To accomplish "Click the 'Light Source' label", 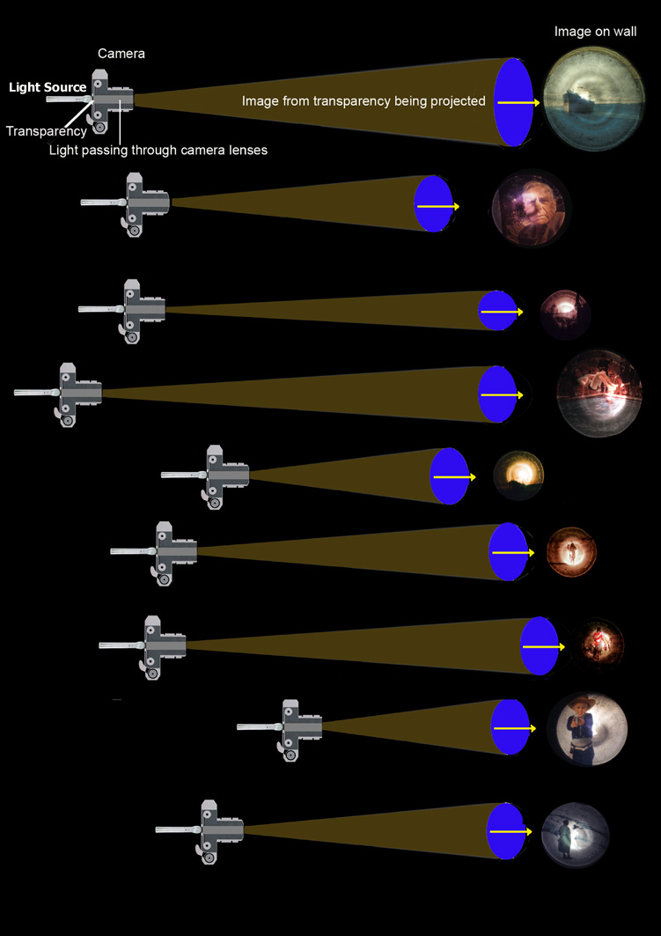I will [48, 87].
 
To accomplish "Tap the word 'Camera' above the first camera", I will [121, 54].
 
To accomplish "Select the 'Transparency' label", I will [47, 131].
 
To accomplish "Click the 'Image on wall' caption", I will [595, 32].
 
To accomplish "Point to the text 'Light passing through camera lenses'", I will [158, 151].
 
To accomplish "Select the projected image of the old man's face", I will [532, 209].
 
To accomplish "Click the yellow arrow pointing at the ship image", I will [518, 103].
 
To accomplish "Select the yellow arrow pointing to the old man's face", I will [437, 207].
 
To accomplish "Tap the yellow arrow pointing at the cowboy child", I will [515, 729].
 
